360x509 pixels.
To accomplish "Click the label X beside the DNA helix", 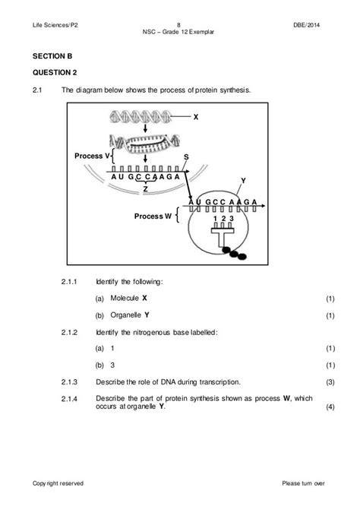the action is click(196, 117).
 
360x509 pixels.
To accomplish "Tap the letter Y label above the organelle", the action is click(243, 181).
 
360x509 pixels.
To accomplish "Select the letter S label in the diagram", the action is click(186, 156).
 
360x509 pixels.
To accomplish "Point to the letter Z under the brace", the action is click(145, 189).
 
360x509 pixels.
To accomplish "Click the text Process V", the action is click(92, 156).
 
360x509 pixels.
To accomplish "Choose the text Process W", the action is click(153, 217).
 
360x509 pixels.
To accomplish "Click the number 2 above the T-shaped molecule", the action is click(223, 219).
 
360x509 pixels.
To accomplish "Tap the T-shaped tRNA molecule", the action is click(223, 236).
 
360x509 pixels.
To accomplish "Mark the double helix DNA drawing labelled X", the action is click(141, 116).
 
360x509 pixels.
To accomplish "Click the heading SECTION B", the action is click(52, 56).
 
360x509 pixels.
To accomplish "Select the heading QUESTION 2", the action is click(55, 72).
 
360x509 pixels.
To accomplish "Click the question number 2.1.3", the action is click(69, 382).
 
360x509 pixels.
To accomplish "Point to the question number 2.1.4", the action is click(69, 399).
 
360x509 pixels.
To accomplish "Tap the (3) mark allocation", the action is click(330, 382).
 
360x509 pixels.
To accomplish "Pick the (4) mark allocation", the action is click(330, 406).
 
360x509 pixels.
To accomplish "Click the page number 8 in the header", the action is click(178, 25).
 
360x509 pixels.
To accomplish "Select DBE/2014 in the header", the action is click(306, 25).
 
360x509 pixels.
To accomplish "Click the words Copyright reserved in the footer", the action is click(58, 483).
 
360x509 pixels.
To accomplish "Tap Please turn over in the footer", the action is click(303, 483).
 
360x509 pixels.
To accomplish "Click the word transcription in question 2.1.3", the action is click(219, 382).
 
